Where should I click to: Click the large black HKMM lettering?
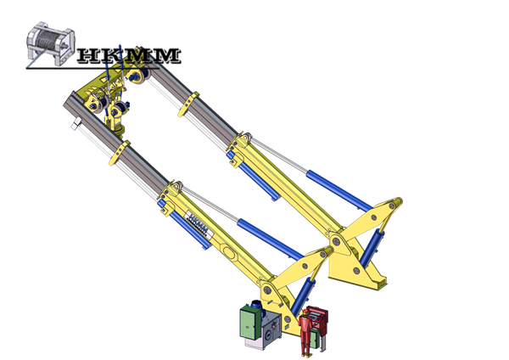click(129, 55)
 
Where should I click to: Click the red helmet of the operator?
click(305, 312)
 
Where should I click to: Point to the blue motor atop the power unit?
click(257, 306)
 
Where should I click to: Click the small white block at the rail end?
click(76, 123)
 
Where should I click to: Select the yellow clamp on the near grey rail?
click(120, 152)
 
